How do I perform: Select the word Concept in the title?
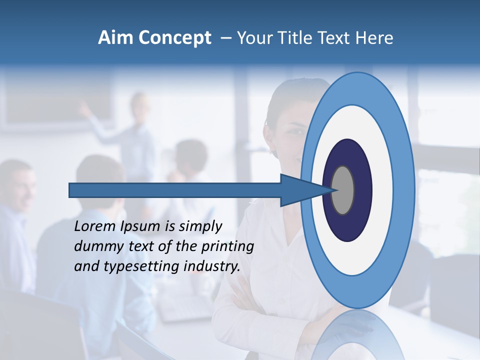174,38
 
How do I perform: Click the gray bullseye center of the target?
343,190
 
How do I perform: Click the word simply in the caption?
200,226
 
